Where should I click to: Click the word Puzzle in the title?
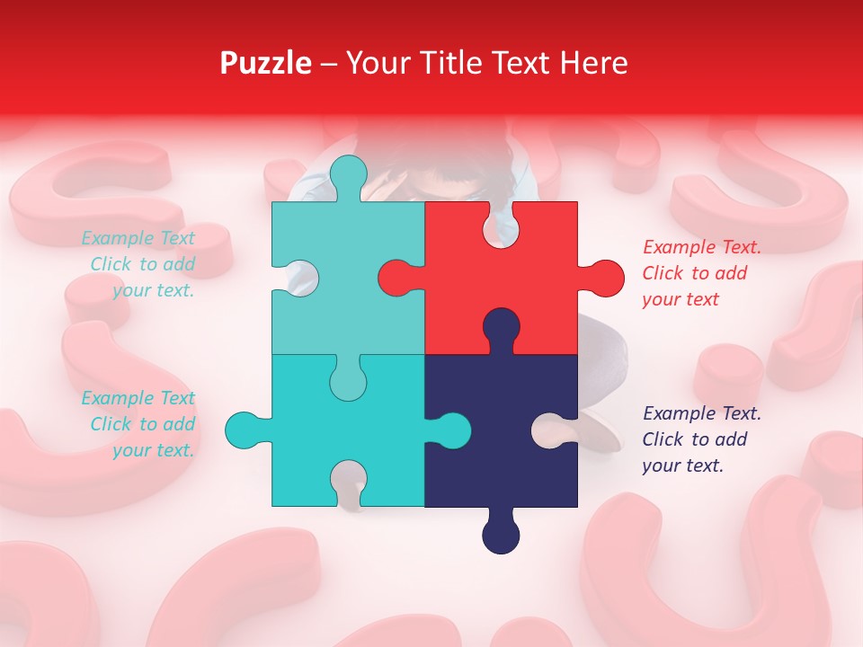coord(265,63)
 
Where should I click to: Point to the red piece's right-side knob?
coord(603,278)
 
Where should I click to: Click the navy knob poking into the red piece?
coord(501,328)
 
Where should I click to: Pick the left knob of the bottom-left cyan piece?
coord(245,430)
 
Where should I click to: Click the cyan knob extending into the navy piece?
coord(450,430)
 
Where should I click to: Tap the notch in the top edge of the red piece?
coord(501,225)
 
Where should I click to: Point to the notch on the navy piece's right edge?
coord(557,430)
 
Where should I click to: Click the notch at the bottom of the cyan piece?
coord(348,481)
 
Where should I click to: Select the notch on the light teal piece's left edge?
coord(295,278)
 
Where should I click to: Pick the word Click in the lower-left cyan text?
coord(111,424)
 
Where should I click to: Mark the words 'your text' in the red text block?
coord(681,299)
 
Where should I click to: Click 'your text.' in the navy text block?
coord(682,465)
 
